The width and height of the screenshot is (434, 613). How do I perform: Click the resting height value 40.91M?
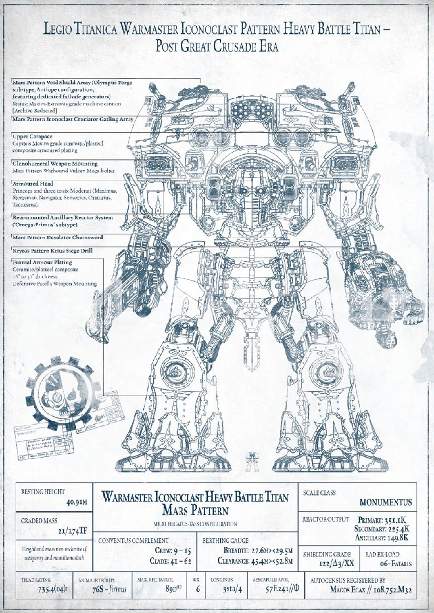point(76,502)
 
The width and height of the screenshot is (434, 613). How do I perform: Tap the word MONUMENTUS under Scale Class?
point(385,502)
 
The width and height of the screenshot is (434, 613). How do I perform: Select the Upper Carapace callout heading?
point(32,137)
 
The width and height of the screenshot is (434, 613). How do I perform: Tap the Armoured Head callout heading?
point(33,184)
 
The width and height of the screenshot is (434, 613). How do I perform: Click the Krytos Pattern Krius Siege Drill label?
point(53,251)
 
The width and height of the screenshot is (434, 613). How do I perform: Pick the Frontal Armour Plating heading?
point(42,262)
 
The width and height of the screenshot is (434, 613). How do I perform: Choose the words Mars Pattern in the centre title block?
point(195,511)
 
